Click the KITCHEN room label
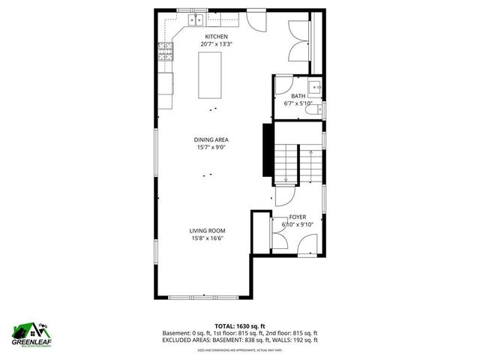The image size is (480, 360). tap(217, 37)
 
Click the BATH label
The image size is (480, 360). tap(298, 96)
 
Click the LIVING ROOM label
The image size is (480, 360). tap(208, 231)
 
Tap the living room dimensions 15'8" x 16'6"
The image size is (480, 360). tap(208, 238)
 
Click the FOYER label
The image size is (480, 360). tap(298, 217)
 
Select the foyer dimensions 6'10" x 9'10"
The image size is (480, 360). tap(298, 224)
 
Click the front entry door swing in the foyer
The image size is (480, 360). tap(307, 244)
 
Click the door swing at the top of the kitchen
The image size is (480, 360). tap(254, 20)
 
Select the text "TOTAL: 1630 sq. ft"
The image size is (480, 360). tap(240, 326)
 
